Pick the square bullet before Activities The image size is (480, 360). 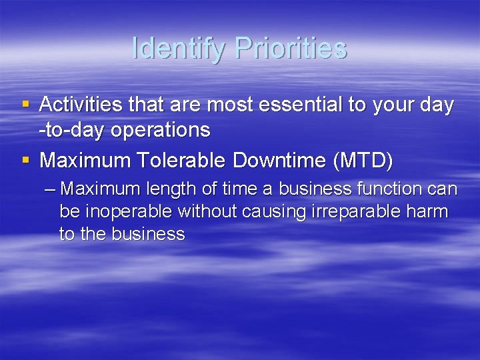[x=26, y=105]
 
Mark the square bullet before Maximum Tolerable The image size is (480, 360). [x=26, y=160]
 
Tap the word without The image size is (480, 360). [x=203, y=212]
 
